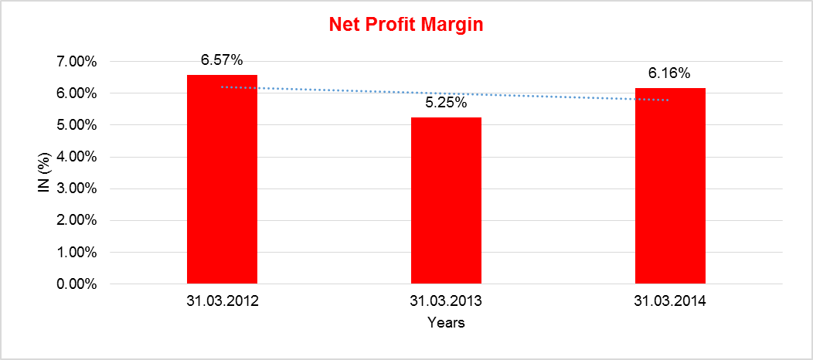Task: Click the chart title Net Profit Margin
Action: [x=406, y=25]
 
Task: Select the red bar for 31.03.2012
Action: [x=222, y=179]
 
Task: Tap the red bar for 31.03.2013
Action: [x=446, y=201]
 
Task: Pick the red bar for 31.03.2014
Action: [x=670, y=186]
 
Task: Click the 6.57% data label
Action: [x=222, y=60]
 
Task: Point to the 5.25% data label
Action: [x=446, y=103]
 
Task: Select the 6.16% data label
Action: [x=669, y=74]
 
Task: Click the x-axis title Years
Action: [x=446, y=323]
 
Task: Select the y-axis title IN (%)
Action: [x=45, y=172]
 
